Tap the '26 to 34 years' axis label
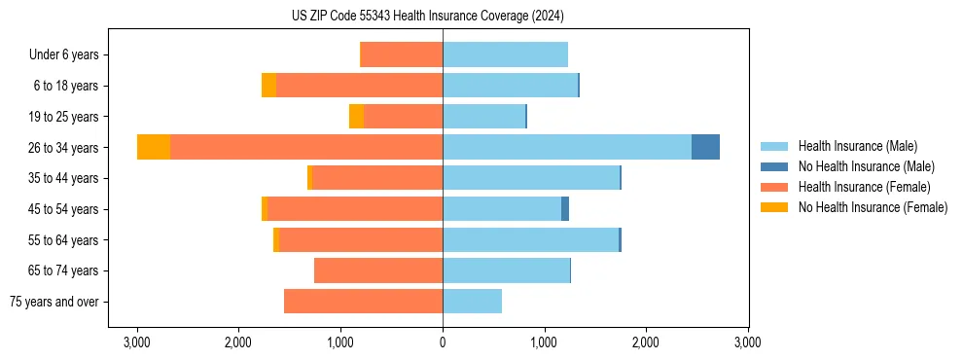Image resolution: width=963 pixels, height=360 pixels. pyautogui.click(x=65, y=148)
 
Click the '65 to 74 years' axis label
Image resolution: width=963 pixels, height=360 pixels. pyautogui.click(x=65, y=270)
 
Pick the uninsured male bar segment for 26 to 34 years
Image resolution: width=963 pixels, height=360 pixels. pyautogui.click(x=705, y=147)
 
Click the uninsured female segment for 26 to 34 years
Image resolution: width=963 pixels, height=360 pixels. pyautogui.click(x=154, y=147)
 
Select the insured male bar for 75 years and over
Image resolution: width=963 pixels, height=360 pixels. pyautogui.click(x=472, y=302)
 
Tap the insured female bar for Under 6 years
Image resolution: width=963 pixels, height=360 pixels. pyautogui.click(x=401, y=54)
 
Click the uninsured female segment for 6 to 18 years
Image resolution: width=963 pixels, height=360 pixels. pyautogui.click(x=268, y=86)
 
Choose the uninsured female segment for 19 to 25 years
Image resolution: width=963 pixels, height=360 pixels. pyautogui.click(x=356, y=117)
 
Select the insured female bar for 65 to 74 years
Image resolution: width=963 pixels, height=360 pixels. pyautogui.click(x=378, y=270)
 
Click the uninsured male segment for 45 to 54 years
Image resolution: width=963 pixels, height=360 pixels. pyautogui.click(x=565, y=208)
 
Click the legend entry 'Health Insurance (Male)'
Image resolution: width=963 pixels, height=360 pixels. pyautogui.click(x=857, y=146)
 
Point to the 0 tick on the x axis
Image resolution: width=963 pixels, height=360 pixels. pyautogui.click(x=443, y=342)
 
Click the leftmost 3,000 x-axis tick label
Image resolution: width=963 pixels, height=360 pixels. pyautogui.click(x=137, y=342)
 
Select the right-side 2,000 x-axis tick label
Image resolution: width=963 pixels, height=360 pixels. pyautogui.click(x=646, y=342)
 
